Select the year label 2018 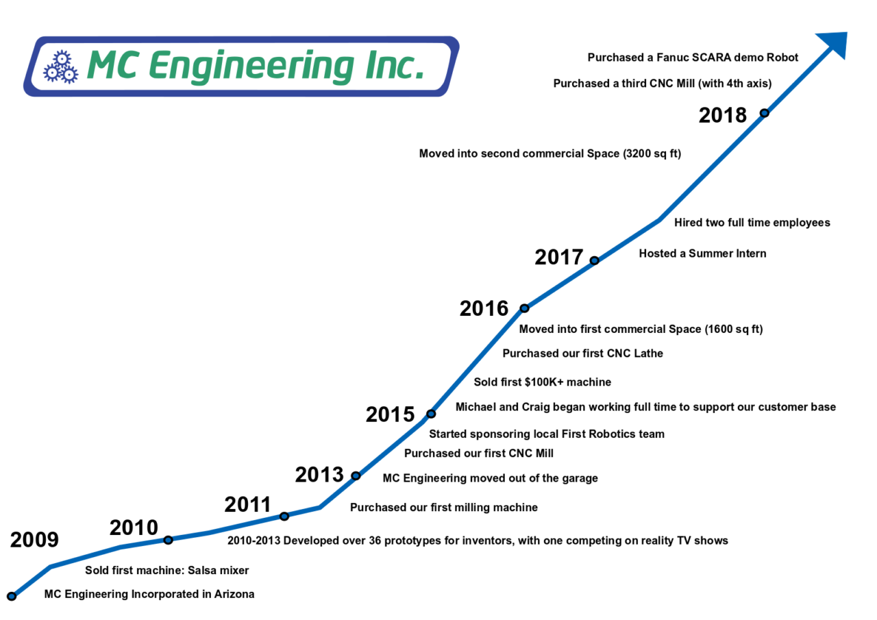pos(722,115)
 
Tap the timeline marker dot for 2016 pos(524,308)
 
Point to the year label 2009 pos(34,540)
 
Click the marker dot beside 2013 pos(356,475)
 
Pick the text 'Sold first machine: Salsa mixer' pos(166,570)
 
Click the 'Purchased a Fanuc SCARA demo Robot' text pos(693,58)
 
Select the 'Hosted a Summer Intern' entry pos(702,253)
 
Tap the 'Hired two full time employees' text pos(752,223)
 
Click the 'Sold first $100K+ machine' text pos(542,382)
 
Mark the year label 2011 pos(248,505)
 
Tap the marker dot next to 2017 pos(594,260)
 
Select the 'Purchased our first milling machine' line pos(443,508)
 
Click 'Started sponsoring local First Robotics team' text pos(546,434)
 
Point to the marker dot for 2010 pos(168,540)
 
